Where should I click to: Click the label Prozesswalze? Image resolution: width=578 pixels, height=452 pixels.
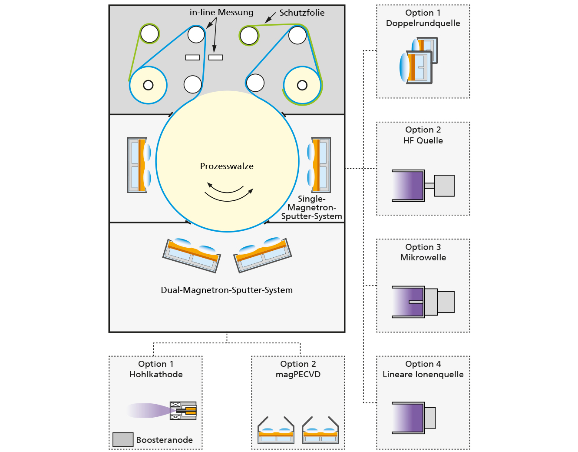click(227, 166)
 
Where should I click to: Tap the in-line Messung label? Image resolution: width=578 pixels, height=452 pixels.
click(221, 12)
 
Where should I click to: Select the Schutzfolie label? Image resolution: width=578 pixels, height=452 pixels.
click(302, 13)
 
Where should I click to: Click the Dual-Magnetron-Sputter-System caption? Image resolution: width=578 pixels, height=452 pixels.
click(227, 290)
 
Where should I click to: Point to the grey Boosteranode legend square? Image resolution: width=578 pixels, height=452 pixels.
click(123, 439)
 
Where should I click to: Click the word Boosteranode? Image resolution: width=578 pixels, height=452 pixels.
click(165, 440)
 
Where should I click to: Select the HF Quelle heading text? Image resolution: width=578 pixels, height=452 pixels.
click(423, 140)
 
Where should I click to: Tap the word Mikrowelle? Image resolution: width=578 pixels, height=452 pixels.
click(423, 257)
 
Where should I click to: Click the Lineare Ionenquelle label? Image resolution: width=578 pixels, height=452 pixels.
click(423, 374)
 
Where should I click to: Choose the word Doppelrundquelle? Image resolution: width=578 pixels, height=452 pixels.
click(423, 23)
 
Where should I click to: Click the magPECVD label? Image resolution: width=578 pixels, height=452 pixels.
click(298, 374)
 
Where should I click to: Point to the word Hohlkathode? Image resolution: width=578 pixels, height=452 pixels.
click(156, 374)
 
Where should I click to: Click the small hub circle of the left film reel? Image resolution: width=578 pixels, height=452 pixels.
click(148, 85)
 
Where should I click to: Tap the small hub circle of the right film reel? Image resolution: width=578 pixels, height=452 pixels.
click(302, 86)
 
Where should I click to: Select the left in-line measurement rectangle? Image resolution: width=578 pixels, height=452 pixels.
click(192, 57)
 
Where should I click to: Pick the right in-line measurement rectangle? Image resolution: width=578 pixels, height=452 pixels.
click(215, 57)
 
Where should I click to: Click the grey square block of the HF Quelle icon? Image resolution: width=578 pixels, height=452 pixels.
click(444, 186)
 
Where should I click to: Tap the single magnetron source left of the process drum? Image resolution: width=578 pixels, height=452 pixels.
click(139, 165)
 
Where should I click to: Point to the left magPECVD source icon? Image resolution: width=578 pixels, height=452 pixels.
click(276, 430)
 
